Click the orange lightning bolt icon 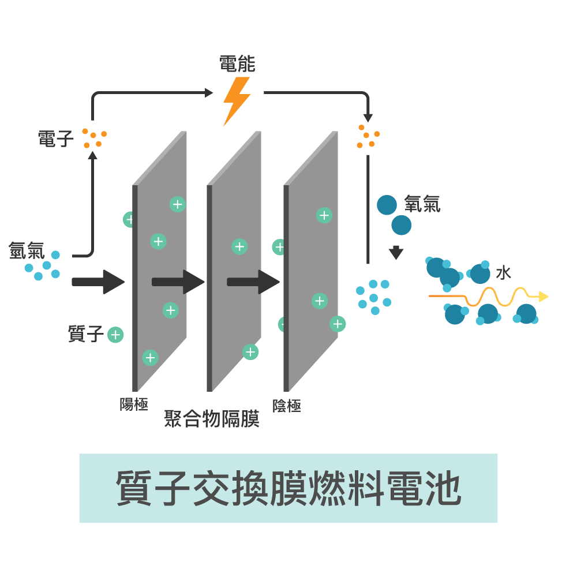237,100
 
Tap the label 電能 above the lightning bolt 237,64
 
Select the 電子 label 56,138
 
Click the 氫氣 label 27,250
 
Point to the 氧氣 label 422,204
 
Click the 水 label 503,273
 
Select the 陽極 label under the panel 134,404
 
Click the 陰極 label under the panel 287,406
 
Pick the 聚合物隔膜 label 211,420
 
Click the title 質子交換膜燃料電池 288,488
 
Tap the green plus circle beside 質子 115,335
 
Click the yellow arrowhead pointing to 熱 543,297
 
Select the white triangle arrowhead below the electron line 368,268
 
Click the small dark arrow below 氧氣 396,253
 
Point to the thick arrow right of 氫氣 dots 98,282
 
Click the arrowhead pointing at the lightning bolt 209,92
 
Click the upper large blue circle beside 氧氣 387,205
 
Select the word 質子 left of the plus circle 86,335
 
